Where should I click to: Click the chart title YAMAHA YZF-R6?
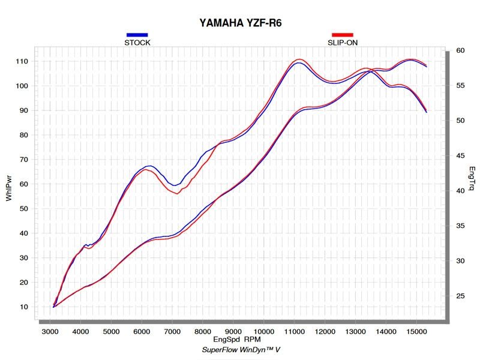[240, 23]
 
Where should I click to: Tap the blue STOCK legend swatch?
[137, 35]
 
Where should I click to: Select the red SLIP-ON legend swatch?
[343, 35]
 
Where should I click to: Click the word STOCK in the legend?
[137, 43]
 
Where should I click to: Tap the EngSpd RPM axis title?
[240, 340]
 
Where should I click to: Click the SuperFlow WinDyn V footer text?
[240, 349]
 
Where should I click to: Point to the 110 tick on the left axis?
[22, 61]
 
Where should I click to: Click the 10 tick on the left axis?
[23, 307]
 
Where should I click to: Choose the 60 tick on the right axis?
[460, 50]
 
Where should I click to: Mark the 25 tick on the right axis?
[460, 296]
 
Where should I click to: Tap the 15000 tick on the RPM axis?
[416, 331]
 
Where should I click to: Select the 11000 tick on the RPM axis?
[294, 331]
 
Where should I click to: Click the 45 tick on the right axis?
[460, 155]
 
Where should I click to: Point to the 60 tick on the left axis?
[23, 184]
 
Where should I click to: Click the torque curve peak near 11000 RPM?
[298, 60]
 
